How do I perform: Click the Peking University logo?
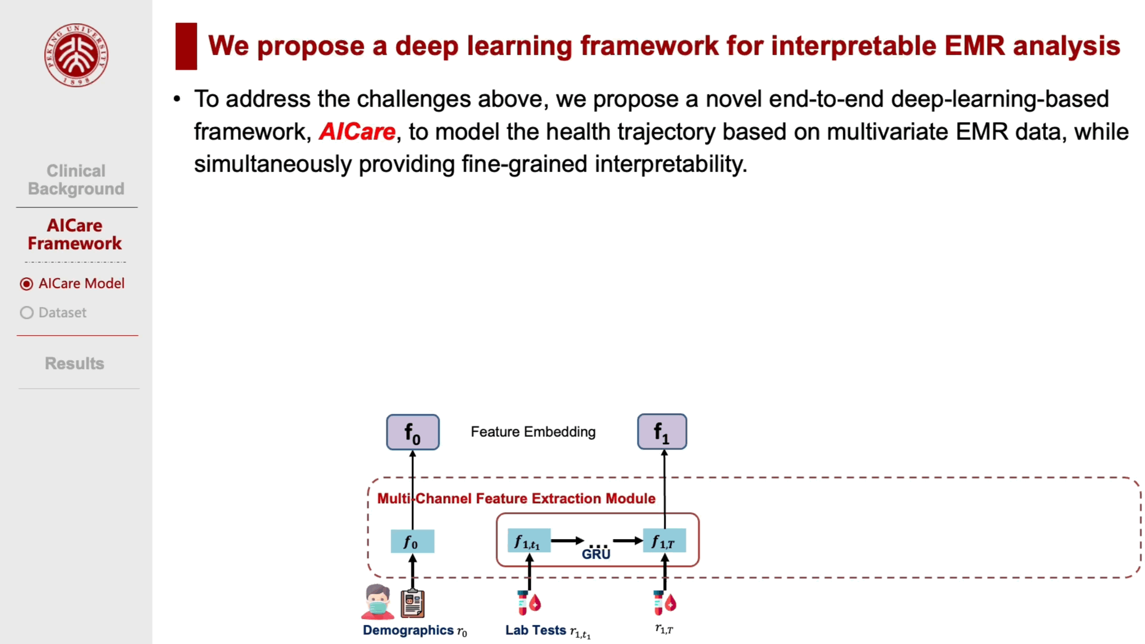(76, 55)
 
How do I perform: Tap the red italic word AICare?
(357, 132)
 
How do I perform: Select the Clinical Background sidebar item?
(76, 179)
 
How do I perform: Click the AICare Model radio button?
(26, 284)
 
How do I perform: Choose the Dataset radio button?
(26, 313)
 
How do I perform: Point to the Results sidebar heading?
(75, 363)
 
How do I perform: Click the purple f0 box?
(413, 432)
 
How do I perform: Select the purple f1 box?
(662, 432)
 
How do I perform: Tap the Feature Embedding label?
(533, 432)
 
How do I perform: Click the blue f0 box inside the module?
(412, 541)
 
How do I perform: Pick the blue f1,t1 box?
(528, 541)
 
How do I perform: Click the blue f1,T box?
(664, 541)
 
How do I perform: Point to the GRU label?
(596, 554)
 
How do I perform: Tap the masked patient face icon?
(377, 602)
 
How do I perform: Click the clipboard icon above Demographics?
(413, 603)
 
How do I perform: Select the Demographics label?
(409, 630)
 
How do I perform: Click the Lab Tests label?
(536, 630)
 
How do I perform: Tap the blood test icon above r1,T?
(664, 603)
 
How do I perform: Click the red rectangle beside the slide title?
(186, 46)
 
